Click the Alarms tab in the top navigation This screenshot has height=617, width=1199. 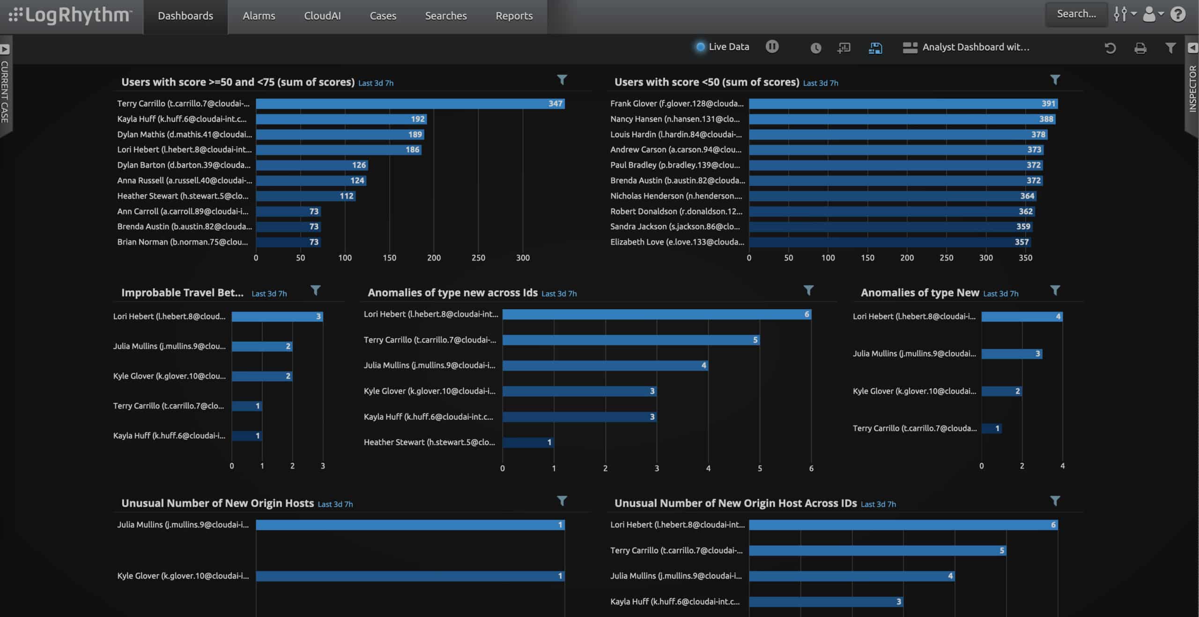point(259,16)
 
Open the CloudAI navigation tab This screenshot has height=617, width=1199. point(322,16)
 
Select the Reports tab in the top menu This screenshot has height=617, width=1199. point(514,16)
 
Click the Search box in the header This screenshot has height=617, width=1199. point(1076,14)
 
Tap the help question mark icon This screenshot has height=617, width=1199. point(1177,14)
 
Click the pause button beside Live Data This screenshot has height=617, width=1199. point(772,46)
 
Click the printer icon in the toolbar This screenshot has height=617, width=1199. point(1140,48)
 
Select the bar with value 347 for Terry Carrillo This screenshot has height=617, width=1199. point(410,104)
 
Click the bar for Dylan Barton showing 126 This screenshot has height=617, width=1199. point(312,165)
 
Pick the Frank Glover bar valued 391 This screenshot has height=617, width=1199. point(903,104)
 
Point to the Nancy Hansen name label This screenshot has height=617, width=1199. point(675,119)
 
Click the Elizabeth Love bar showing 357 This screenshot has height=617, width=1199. point(890,242)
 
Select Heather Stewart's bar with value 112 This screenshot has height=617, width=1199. point(305,196)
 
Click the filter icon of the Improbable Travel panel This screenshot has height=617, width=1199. point(315,290)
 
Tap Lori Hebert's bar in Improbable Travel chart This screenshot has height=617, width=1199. point(277,317)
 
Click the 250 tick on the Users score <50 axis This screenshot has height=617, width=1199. point(946,258)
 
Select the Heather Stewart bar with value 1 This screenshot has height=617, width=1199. point(528,442)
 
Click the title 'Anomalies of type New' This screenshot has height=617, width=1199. point(920,293)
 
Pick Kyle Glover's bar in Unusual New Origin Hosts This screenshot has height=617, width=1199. point(410,576)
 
